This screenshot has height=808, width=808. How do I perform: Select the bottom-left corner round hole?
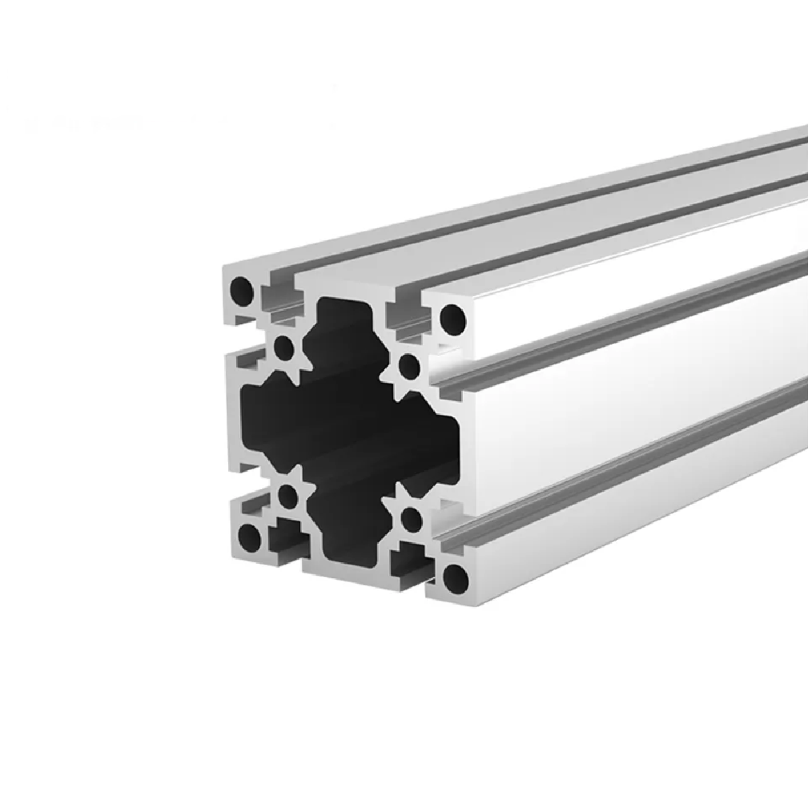point(248,537)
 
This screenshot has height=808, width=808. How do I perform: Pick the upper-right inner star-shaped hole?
point(409,365)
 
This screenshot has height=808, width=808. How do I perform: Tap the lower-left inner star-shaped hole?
point(286,498)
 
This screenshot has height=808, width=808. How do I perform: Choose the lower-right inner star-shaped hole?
point(411,519)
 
